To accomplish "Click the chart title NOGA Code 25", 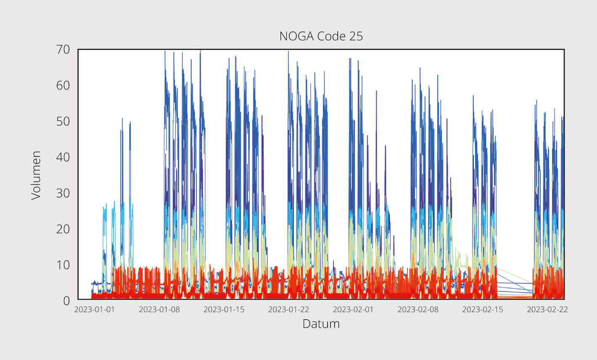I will (x=321, y=36).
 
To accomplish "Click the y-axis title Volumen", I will (x=36, y=175).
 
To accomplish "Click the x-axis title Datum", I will (x=321, y=324).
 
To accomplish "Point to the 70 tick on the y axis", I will (x=63, y=50).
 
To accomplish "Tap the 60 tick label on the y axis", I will (x=63, y=85).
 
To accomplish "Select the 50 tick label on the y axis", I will (x=63, y=122).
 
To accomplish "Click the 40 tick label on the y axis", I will (x=63, y=157).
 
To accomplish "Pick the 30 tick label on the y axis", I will (x=63, y=193).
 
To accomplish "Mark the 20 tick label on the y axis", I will (x=63, y=229).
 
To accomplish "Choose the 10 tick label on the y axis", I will (x=63, y=265).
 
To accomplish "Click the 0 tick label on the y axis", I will (x=66, y=301).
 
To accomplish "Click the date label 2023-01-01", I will (x=94, y=310).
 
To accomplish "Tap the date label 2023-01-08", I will (x=159, y=310).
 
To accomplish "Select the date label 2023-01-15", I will (x=224, y=310).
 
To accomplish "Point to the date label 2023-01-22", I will (x=288, y=310).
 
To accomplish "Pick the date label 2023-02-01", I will (x=353, y=310).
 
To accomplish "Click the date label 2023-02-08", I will (x=418, y=310).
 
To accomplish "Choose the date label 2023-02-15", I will (x=483, y=310).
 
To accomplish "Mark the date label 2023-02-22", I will (x=547, y=310).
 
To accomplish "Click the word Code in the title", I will (x=332, y=36).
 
